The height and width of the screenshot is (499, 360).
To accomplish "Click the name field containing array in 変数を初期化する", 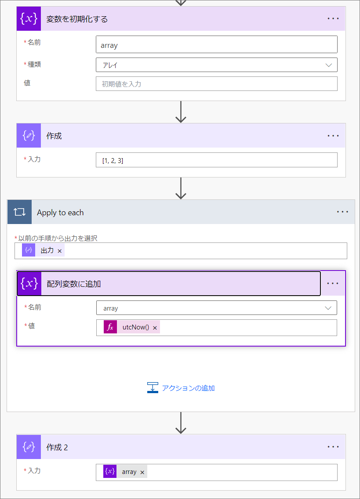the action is [217, 44].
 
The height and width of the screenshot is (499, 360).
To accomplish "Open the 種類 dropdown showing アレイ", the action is [217, 65].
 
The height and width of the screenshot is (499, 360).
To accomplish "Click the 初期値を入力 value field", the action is [217, 84].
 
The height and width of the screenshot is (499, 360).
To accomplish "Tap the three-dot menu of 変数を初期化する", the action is [333, 18].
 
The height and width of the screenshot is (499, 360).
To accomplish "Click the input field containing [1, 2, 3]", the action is [217, 160].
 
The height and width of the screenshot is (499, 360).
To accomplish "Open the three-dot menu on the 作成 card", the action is [333, 136].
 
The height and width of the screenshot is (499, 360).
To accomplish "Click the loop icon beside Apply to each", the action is [19, 212].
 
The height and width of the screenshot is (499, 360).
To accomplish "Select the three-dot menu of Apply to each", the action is [342, 212].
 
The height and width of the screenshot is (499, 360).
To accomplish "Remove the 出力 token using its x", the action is [60, 251].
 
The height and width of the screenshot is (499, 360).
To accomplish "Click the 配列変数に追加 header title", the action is [73, 284].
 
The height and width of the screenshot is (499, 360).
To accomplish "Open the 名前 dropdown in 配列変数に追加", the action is [217, 308].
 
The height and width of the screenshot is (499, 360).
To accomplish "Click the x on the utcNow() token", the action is [155, 328].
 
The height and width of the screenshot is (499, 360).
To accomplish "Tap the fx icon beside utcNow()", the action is [110, 327].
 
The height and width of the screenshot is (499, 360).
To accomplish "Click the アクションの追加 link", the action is [188, 388].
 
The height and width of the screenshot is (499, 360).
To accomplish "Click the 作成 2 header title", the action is [57, 448].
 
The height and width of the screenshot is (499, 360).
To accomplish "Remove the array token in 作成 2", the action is [142, 472].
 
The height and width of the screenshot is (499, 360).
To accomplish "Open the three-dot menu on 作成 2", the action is [333, 447].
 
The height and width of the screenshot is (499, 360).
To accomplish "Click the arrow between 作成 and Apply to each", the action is [181, 188].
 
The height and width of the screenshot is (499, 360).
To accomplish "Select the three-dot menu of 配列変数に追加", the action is [333, 283].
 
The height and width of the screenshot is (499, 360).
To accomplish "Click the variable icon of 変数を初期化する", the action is [29, 18].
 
